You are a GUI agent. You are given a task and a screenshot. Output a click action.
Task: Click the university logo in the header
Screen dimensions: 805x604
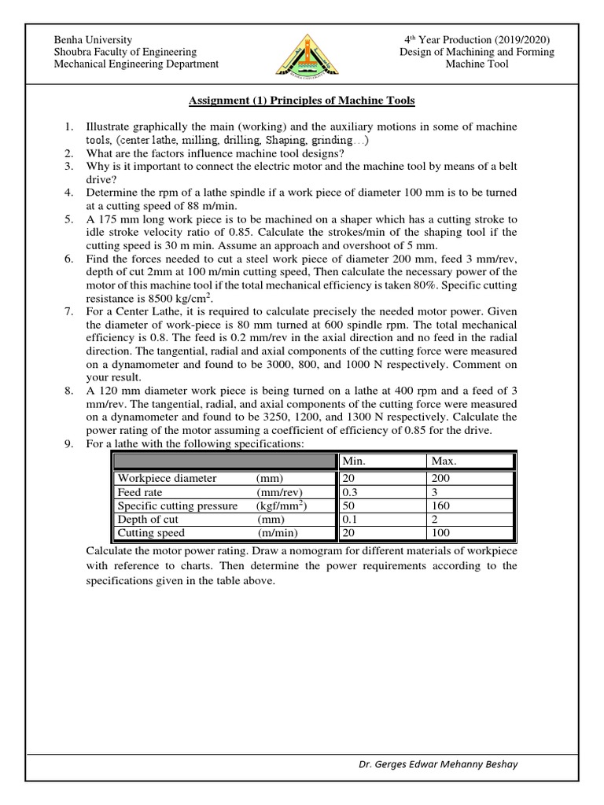(x=302, y=52)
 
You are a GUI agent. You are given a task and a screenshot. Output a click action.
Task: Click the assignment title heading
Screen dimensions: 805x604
(x=301, y=101)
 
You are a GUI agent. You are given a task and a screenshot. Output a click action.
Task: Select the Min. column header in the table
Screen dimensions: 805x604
(x=353, y=461)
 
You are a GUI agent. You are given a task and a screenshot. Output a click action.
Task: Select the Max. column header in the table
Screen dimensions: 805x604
(x=443, y=461)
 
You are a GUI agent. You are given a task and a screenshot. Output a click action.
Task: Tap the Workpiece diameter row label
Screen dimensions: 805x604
(x=167, y=478)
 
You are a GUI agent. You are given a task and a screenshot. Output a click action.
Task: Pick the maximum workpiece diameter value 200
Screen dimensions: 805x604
(x=440, y=478)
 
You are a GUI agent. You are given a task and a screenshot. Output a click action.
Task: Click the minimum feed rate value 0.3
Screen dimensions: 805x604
(x=349, y=492)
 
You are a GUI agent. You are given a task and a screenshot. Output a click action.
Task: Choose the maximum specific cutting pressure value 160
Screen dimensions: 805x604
(x=440, y=505)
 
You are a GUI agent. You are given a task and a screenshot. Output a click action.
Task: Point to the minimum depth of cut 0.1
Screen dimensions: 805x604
(x=349, y=520)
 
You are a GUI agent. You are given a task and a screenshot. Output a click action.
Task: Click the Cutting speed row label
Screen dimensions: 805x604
(x=151, y=533)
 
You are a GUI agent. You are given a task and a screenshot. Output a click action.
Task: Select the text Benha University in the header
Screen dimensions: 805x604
(x=92, y=40)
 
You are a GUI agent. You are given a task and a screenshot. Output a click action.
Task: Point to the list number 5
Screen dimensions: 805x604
(x=69, y=220)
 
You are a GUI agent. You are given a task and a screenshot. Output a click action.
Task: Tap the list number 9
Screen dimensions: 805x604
(x=69, y=444)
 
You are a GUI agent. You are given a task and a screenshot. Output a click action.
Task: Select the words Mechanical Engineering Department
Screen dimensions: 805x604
(x=136, y=64)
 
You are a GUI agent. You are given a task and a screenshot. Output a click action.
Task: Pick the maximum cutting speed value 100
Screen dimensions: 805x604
(x=440, y=533)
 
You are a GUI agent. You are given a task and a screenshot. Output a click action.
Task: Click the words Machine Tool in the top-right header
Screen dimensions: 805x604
(x=477, y=64)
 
